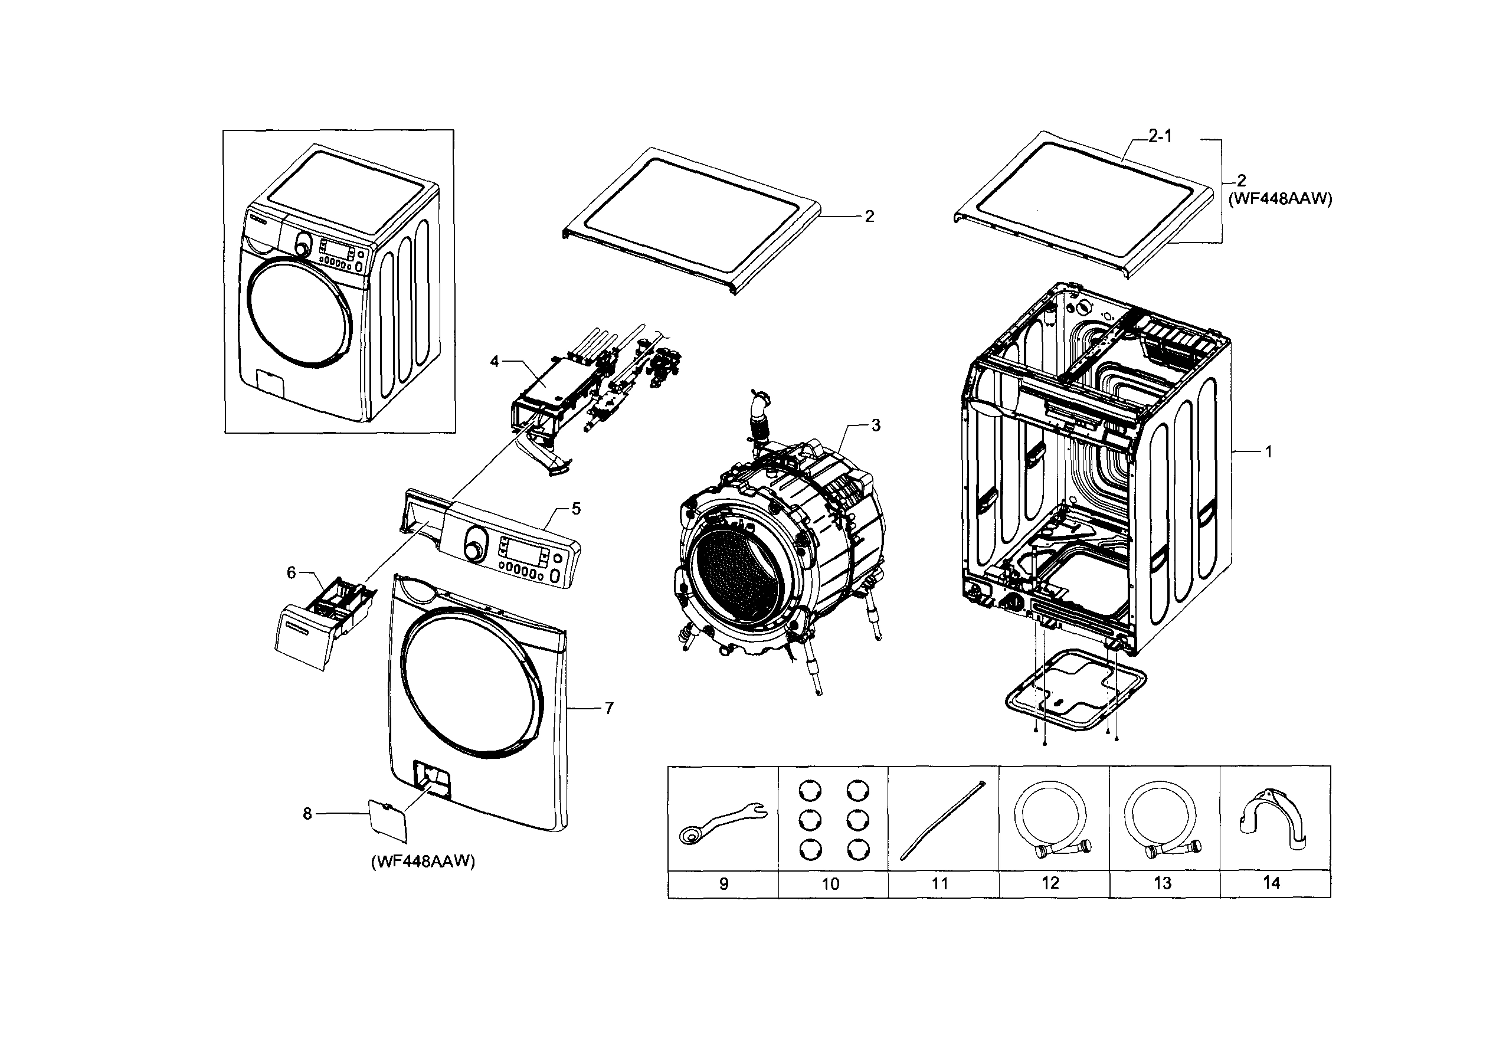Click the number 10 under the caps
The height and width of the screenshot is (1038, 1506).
click(830, 884)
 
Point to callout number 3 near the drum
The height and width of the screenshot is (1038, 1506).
click(876, 425)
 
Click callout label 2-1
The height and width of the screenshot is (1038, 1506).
click(1160, 136)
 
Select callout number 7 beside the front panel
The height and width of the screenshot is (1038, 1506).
click(608, 708)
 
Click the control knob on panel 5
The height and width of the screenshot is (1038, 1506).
click(475, 543)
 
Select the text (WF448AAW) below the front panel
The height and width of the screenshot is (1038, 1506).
click(423, 862)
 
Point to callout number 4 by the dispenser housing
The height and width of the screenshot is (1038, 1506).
click(494, 362)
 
